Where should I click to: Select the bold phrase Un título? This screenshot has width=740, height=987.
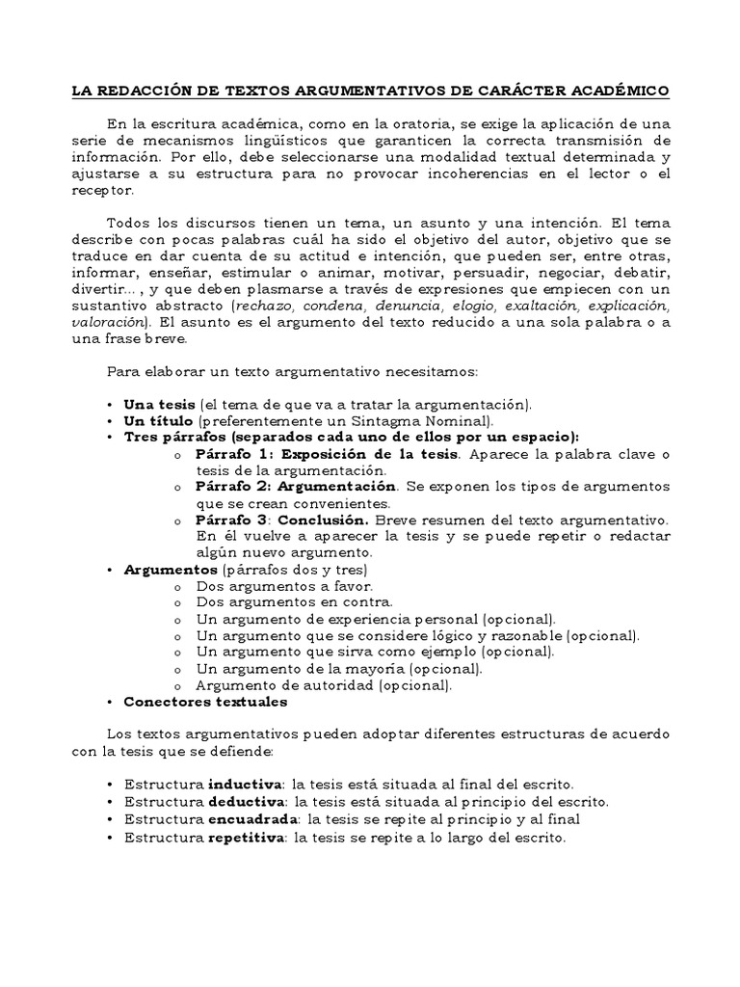[x=159, y=421]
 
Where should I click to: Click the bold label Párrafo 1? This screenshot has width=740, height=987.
[x=236, y=453]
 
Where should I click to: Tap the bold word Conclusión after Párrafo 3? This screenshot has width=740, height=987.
[x=323, y=520]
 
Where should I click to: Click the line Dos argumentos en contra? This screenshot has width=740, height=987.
[x=285, y=602]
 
